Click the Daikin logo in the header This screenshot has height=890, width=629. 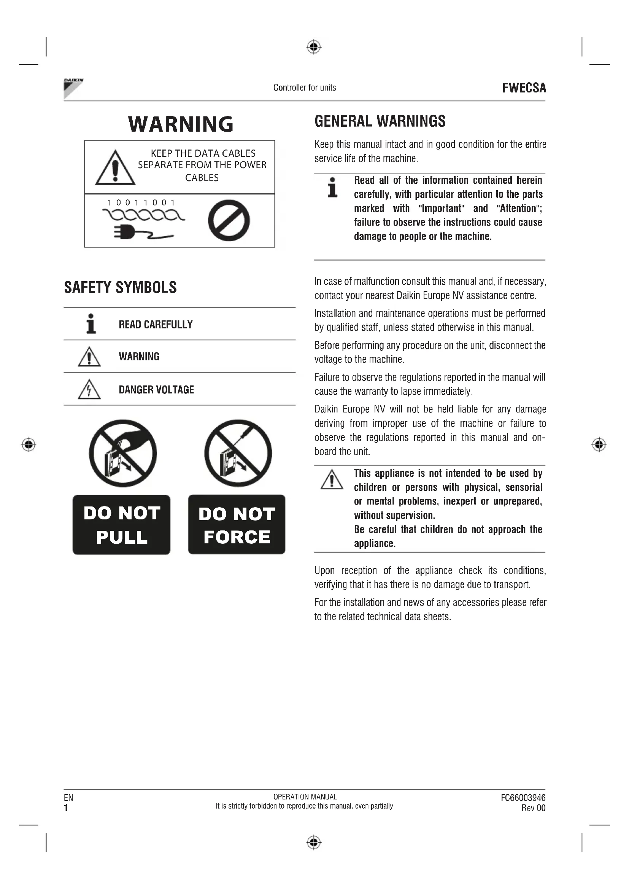[73, 88]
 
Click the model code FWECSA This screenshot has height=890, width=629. [524, 88]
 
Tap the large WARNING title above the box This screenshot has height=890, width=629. [181, 124]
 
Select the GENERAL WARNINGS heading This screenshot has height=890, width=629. [380, 121]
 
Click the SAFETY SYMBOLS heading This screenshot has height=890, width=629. [121, 288]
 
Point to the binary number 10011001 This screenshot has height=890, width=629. [141, 203]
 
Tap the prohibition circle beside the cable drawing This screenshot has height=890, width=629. [229, 220]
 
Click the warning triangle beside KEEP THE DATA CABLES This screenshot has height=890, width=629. [115, 168]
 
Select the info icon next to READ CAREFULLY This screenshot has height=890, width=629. [91, 324]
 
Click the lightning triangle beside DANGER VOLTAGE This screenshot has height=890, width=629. [89, 390]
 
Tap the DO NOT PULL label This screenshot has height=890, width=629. [122, 524]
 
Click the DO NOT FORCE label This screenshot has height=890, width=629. [237, 524]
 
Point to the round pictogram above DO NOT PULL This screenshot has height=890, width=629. [123, 453]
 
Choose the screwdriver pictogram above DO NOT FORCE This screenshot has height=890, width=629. [238, 453]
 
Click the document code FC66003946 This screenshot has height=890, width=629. [523, 798]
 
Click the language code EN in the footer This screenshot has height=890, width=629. [68, 798]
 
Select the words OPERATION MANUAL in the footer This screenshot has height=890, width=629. [305, 797]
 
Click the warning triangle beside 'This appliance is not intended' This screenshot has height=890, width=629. [332, 479]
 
